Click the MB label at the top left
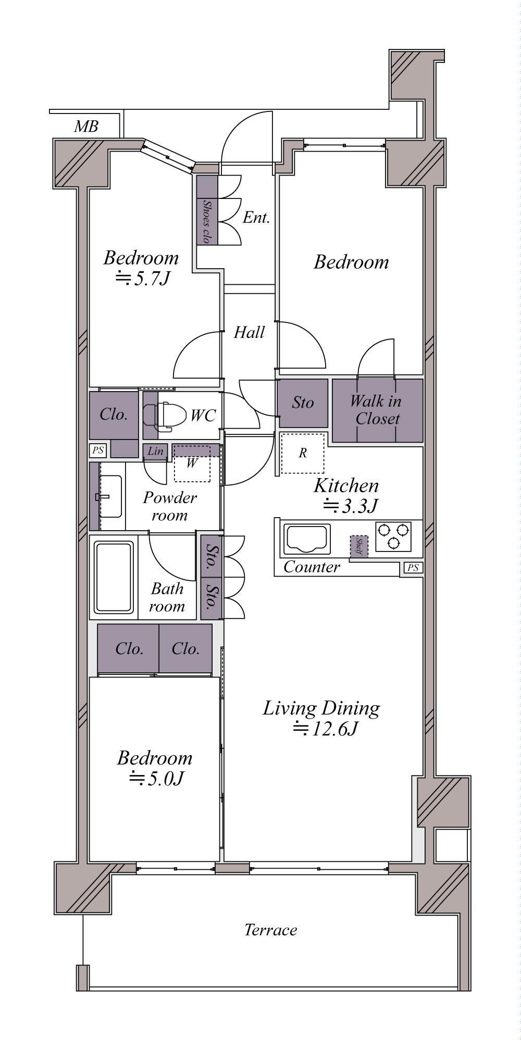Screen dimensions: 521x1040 point(86,127)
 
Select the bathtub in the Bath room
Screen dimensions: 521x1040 point(114,577)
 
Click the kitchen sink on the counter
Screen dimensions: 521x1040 point(306,540)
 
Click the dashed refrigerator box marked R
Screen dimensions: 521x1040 point(303,453)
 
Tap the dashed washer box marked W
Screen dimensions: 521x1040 point(192,463)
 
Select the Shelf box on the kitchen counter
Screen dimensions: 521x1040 point(358,546)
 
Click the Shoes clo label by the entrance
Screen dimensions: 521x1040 point(207,222)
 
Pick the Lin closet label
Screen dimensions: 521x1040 point(155,452)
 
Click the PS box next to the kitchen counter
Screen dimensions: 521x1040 point(413,568)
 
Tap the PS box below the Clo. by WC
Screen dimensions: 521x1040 point(97,450)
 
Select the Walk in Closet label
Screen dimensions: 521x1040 point(375,410)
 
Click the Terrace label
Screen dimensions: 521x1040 point(271,930)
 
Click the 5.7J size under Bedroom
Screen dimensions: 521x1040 point(142,279)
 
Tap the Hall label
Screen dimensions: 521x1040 point(249,332)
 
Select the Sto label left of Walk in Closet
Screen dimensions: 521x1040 point(303,403)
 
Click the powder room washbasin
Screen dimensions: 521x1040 point(110,496)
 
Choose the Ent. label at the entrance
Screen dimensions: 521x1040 point(256,218)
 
